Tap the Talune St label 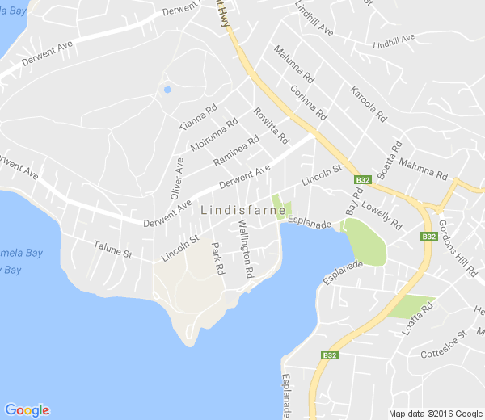[112, 248]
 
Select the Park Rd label [217, 259]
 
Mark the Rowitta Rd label [271, 126]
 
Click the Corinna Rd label [308, 102]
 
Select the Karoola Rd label [367, 103]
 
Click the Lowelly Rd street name [382, 216]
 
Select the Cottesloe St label [444, 344]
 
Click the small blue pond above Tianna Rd [167, 90]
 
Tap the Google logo [27, 410]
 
